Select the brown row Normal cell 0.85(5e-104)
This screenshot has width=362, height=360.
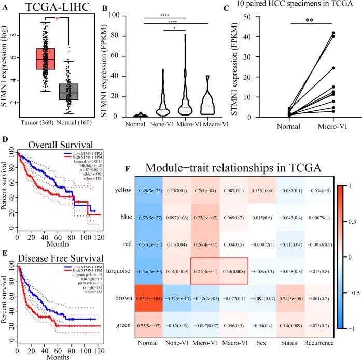148,284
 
